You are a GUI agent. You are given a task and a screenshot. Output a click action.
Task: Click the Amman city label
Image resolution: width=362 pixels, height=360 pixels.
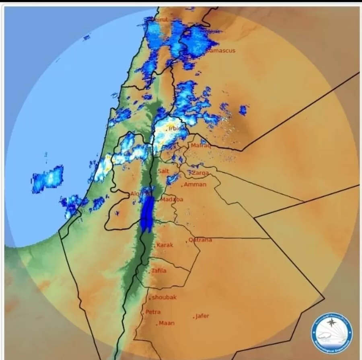[x=195, y=184]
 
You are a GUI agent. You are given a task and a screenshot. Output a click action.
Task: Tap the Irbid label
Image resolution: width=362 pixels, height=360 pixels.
[x=175, y=129]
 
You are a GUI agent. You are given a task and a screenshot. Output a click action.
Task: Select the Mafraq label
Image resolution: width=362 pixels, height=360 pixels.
[x=200, y=145]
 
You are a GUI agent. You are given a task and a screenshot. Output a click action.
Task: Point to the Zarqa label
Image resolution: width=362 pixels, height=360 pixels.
[x=200, y=173]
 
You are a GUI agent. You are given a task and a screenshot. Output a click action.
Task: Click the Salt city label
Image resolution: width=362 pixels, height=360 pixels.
[x=163, y=171]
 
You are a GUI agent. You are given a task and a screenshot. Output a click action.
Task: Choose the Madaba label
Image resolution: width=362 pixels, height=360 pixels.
[x=172, y=199]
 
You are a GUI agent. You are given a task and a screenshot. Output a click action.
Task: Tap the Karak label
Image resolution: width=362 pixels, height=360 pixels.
[x=165, y=245]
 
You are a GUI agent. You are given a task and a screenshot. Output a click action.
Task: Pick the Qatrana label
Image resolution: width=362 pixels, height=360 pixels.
[x=200, y=240]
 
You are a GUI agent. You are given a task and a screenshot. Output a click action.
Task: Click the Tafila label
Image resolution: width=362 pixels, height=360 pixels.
[x=158, y=270]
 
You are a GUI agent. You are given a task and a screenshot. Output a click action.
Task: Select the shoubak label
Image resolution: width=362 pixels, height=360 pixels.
[x=164, y=297]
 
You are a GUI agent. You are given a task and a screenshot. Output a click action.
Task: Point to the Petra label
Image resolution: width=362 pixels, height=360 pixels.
[x=153, y=312]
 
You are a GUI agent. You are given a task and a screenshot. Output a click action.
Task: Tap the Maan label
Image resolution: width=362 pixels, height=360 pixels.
[x=167, y=323]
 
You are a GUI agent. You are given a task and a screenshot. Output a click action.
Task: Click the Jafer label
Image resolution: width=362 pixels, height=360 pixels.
[x=202, y=316]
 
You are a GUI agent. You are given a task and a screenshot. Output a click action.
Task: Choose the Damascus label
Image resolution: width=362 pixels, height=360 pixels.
[x=220, y=51]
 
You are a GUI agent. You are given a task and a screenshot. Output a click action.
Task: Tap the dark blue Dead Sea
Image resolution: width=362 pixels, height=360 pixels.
[x=147, y=213]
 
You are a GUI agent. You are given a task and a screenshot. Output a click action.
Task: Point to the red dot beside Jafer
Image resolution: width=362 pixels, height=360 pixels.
[x=194, y=318]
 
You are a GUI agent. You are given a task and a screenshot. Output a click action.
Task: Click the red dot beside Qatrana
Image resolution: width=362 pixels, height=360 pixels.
[x=187, y=242]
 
